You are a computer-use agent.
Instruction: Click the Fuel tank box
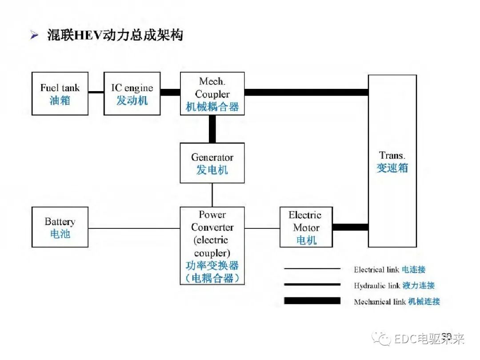pyautogui.click(x=60, y=94)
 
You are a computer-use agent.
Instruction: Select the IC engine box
pyautogui.click(x=132, y=94)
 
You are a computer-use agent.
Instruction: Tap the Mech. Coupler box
pyautogui.click(x=212, y=94)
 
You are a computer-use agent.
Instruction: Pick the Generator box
pyautogui.click(x=212, y=163)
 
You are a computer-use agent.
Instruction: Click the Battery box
pyautogui.click(x=60, y=227)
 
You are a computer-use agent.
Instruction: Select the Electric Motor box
pyautogui.click(x=306, y=227)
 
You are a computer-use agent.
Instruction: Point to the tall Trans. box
pyautogui.click(x=392, y=161)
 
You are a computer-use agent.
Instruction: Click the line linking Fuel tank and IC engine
pyautogui.click(x=96, y=92)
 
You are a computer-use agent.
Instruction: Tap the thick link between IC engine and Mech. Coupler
pyautogui.click(x=170, y=92)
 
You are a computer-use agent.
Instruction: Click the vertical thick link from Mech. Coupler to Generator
pyautogui.click(x=212, y=129)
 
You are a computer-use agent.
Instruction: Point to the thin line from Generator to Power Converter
pyautogui.click(x=212, y=195)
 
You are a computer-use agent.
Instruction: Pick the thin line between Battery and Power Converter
pyautogui.click(x=134, y=228)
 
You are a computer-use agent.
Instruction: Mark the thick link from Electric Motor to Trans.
pyautogui.click(x=350, y=227)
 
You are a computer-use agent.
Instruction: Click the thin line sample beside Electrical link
pyautogui.click(x=312, y=269)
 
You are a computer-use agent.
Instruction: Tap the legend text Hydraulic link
pyautogui.click(x=377, y=285)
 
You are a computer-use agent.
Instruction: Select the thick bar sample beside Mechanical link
pyautogui.click(x=312, y=301)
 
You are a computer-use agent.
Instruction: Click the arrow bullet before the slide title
pyautogui.click(x=35, y=36)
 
